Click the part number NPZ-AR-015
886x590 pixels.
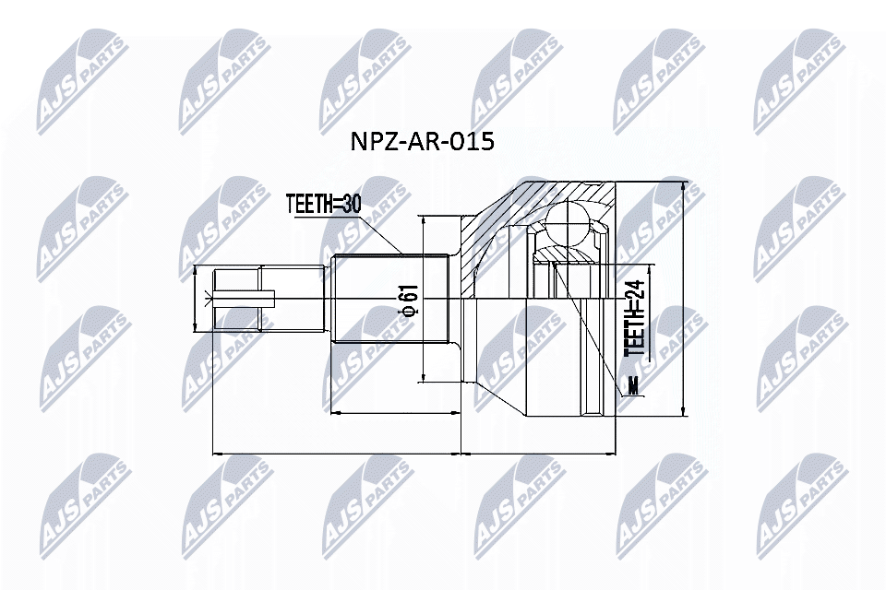pyautogui.click(x=422, y=141)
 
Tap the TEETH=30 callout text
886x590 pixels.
pyautogui.click(x=323, y=203)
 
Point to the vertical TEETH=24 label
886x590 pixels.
pyautogui.click(x=636, y=318)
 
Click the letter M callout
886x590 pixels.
pyautogui.click(x=633, y=385)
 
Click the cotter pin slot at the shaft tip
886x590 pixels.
pyautogui.click(x=244, y=299)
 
